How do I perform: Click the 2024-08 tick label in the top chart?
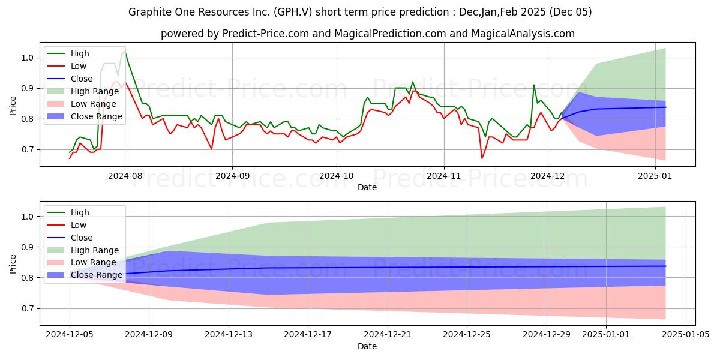click(x=125, y=176)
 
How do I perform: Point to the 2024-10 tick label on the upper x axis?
click(x=337, y=176)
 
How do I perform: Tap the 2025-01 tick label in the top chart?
click(x=655, y=176)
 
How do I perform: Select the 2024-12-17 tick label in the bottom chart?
click(x=308, y=334)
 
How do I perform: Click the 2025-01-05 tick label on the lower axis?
click(x=686, y=334)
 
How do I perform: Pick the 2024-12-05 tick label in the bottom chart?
click(x=70, y=334)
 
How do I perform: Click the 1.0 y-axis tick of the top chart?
click(x=28, y=58)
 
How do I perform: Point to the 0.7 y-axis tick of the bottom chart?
click(x=28, y=308)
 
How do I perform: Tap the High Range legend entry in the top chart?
click(x=83, y=91)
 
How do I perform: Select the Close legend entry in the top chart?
click(x=70, y=79)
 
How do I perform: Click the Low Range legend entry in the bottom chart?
click(x=82, y=262)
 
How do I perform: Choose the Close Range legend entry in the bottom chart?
click(x=85, y=275)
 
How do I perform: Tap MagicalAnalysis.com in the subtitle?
click(x=523, y=34)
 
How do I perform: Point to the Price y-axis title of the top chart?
click(x=13, y=106)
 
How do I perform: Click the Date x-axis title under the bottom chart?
click(x=367, y=346)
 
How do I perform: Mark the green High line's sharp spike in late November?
click(x=534, y=85)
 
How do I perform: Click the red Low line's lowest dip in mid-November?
click(x=482, y=158)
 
